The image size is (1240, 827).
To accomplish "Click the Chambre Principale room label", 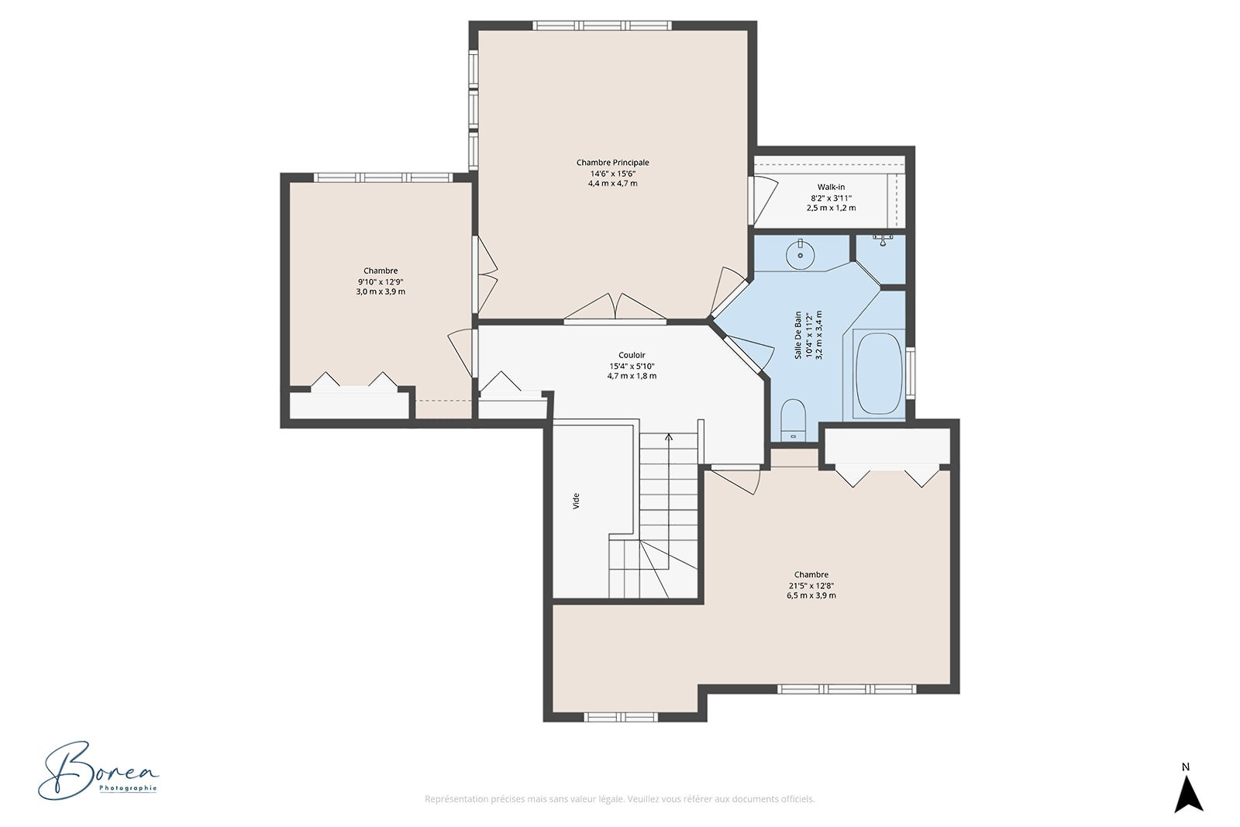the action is pyautogui.click(x=612, y=162).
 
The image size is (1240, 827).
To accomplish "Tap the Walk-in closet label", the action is pyautogui.click(x=831, y=187).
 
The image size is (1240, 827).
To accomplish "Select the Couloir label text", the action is pyautogui.click(x=632, y=355).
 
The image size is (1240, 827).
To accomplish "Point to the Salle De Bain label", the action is pyautogui.click(x=797, y=334).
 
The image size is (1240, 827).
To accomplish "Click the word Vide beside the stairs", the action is pyautogui.click(x=576, y=501).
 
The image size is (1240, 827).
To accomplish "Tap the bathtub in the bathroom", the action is pyautogui.click(x=879, y=373).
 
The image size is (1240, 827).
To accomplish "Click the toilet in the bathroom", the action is pyautogui.click(x=794, y=420).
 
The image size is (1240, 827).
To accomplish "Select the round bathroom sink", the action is pyautogui.click(x=800, y=255).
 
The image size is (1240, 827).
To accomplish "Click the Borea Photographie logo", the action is pyautogui.click(x=98, y=771).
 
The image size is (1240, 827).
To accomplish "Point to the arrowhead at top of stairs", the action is pyautogui.click(x=669, y=436).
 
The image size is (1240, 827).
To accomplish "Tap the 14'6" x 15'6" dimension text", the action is pyautogui.click(x=612, y=174).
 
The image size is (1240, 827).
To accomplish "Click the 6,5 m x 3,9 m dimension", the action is pyautogui.click(x=811, y=595).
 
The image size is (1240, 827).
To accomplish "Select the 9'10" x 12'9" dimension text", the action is pyautogui.click(x=381, y=281).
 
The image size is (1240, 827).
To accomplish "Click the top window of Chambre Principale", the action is pyautogui.click(x=601, y=26).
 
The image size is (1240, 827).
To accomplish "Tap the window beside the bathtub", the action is pyautogui.click(x=910, y=373).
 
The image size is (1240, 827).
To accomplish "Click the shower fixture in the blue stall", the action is pyautogui.click(x=883, y=239).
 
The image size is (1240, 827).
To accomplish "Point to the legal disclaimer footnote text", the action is pyautogui.click(x=619, y=799).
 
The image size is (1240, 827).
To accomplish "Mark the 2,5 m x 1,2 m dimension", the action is pyautogui.click(x=831, y=208).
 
